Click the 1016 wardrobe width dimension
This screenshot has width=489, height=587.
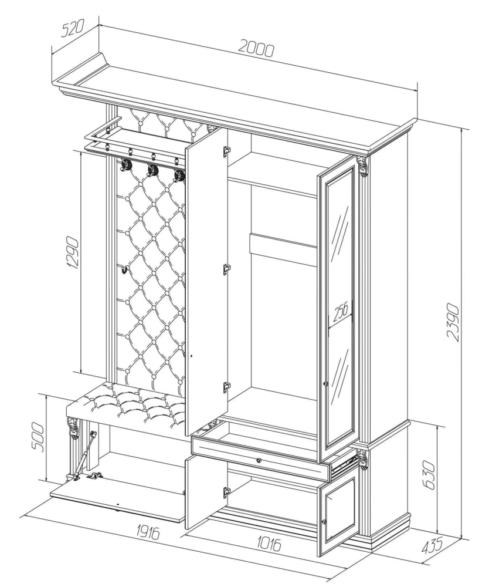[269, 544]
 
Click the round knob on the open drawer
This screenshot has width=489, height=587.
[258, 460]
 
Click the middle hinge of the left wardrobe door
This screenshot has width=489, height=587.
[225, 269]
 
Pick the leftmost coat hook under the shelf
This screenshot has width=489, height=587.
[125, 165]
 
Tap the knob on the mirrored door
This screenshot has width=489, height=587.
[326, 384]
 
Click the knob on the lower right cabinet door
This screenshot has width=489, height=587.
[325, 521]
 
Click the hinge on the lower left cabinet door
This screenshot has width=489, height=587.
[225, 492]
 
